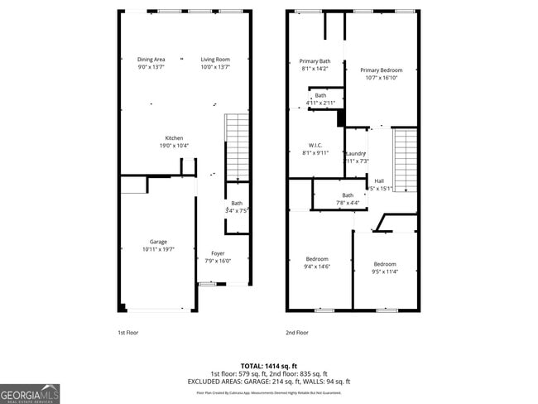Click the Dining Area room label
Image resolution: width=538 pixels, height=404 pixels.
coord(151,60)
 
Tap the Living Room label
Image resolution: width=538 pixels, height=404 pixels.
coord(215,60)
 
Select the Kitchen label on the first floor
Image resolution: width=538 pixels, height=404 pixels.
coord(174,138)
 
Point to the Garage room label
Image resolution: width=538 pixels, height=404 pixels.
coord(158,242)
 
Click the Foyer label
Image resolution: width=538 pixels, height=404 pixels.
coord(218,253)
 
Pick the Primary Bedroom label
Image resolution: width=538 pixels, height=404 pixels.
coord(382,70)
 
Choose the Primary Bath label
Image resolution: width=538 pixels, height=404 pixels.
coord(315,61)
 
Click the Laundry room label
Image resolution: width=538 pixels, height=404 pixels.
coord(356,153)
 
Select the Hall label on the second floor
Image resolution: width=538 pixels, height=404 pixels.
coord(379,180)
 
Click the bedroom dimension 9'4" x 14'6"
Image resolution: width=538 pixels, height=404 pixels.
coord(315,267)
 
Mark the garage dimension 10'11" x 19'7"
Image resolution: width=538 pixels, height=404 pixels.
coord(158,249)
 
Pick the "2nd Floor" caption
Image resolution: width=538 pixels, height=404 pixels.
coord(297,332)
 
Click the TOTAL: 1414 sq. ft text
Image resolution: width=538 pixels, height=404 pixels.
coord(269,365)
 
